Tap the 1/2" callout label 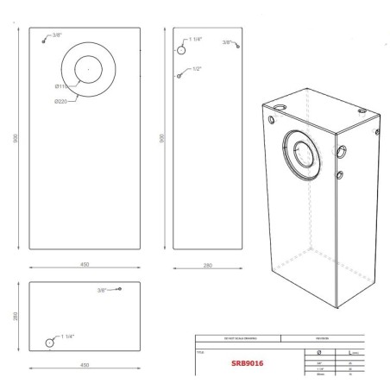(x=197, y=68)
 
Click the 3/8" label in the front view (x=57, y=35)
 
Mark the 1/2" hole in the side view (x=179, y=76)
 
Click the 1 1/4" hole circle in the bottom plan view (x=50, y=342)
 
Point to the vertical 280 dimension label (x=16, y=316)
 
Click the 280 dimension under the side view (x=208, y=265)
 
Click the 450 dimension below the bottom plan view (x=84, y=365)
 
